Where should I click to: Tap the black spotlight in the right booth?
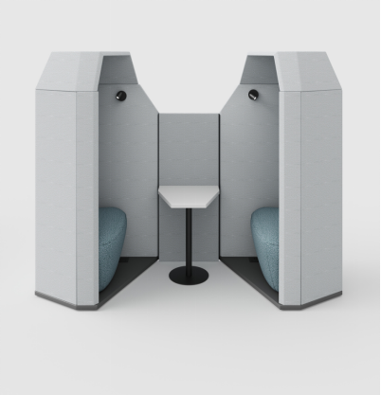[254, 94]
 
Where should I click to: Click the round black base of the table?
[189, 276]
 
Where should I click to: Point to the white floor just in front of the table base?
[189, 303]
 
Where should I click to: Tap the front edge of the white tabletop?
[190, 206]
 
